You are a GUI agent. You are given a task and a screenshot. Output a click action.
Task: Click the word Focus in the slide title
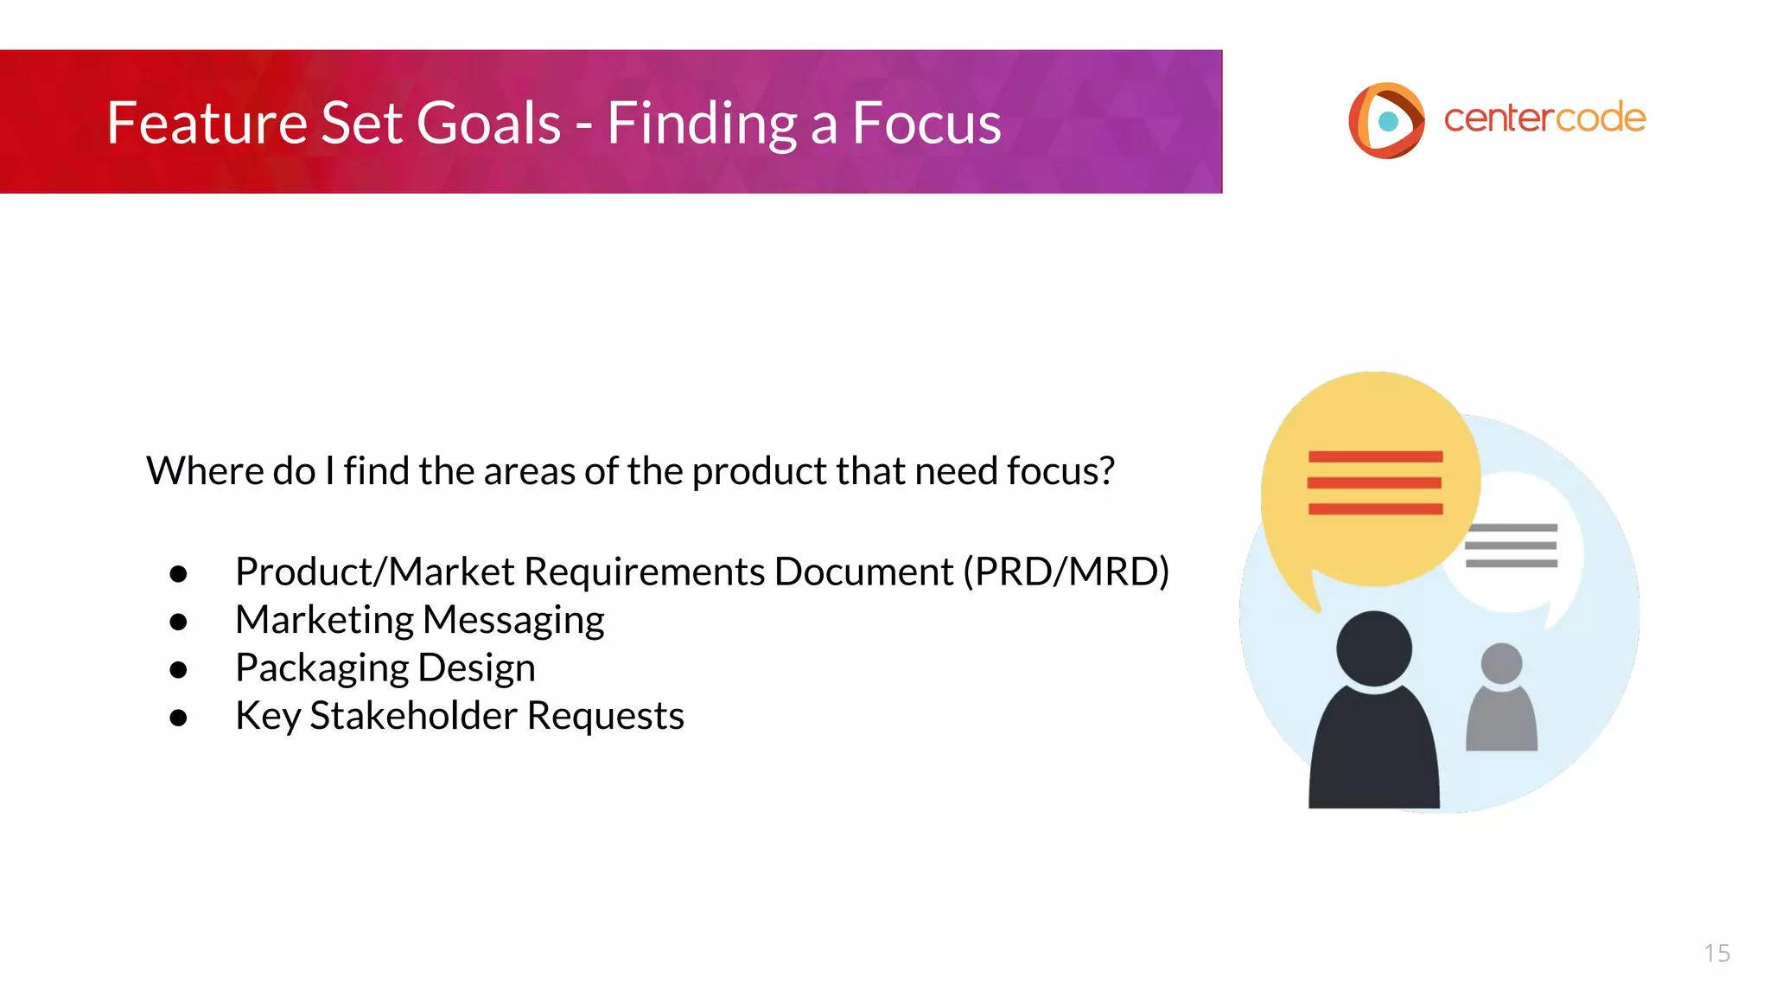tap(926, 123)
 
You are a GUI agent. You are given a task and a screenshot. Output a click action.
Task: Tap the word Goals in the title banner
tap(489, 123)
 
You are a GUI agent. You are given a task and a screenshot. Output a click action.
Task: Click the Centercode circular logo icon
tap(1386, 120)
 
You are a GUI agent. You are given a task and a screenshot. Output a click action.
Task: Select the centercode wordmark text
tap(1544, 118)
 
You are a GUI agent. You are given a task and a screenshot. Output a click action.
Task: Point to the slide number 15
tap(1716, 953)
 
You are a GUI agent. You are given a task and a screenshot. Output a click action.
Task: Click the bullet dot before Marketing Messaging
tap(179, 622)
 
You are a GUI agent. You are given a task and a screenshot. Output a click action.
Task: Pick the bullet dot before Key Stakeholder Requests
tap(179, 718)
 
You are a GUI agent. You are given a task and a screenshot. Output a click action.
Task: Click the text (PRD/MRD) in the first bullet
tap(1066, 571)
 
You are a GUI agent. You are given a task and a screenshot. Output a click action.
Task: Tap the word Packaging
tap(322, 668)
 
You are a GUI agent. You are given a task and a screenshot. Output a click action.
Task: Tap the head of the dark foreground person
tap(1373, 648)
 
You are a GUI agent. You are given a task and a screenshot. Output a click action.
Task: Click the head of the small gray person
tap(1501, 663)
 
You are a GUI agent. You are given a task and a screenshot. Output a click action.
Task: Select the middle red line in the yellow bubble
tap(1374, 482)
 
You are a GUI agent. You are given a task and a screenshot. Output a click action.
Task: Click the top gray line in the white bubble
tap(1512, 527)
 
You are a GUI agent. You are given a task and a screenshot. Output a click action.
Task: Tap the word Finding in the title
tap(701, 123)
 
